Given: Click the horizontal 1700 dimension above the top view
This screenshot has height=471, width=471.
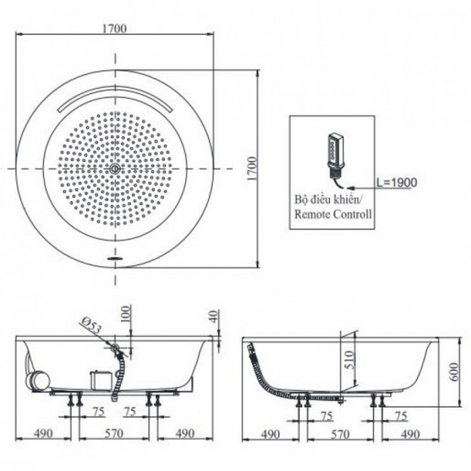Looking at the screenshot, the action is tap(115, 28).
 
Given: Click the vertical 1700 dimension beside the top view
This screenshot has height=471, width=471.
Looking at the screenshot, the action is tap(252, 168).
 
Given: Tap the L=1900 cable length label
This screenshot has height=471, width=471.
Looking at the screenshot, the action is tap(397, 182).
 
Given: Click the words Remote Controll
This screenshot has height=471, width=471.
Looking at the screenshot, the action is tap(333, 214).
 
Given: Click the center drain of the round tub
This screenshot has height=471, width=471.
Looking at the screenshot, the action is tap(115, 168).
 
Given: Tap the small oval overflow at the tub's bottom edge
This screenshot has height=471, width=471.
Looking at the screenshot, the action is tap(115, 258).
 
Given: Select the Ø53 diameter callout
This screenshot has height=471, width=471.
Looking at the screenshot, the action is tap(90, 326).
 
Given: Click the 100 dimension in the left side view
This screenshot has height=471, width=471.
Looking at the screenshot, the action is tap(126, 314).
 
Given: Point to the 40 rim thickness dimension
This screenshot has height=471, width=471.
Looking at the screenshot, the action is tap(213, 316).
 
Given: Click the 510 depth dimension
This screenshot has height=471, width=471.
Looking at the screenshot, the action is tap(349, 360).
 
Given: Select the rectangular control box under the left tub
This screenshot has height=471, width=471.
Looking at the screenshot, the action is tap(101, 380).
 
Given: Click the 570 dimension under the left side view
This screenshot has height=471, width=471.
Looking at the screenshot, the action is tap(114, 434).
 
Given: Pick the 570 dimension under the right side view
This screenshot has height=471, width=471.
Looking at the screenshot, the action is tap(340, 434).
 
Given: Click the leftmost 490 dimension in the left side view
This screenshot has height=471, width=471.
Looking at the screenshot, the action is tap(43, 434).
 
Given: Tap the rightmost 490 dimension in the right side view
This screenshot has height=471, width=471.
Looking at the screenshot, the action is tap(410, 434).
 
